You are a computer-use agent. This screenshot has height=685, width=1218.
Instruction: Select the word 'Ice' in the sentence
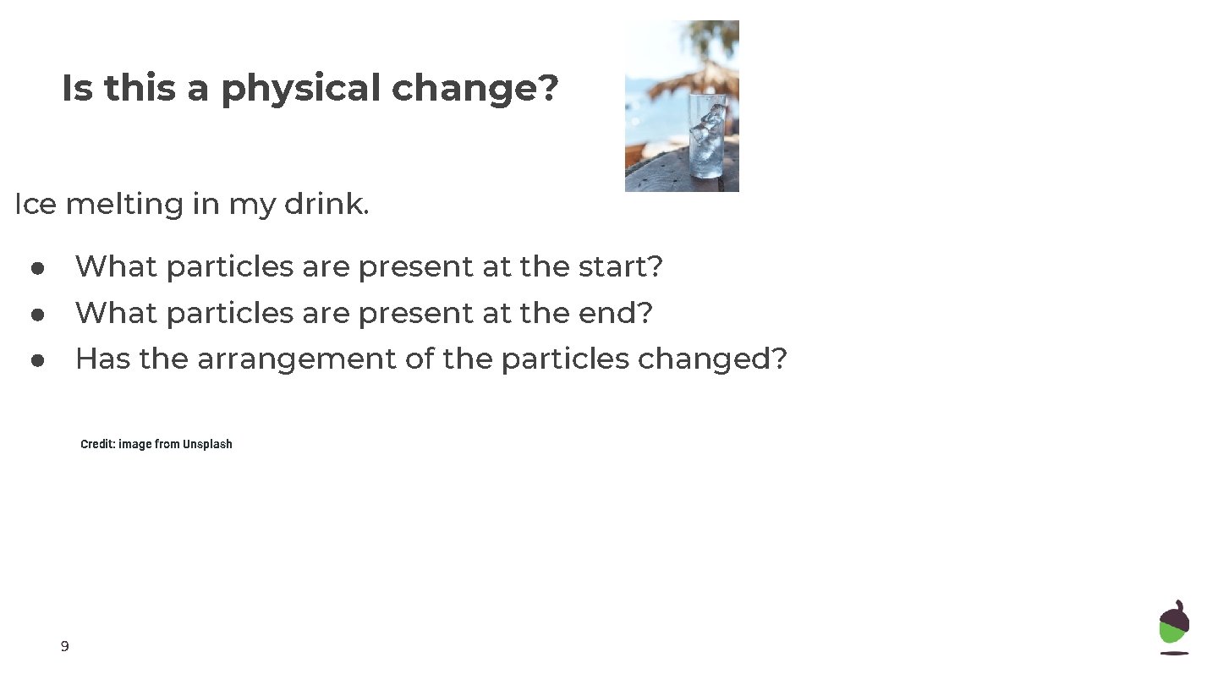pyautogui.click(x=35, y=204)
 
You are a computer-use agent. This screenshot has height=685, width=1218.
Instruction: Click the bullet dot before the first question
pyautogui.click(x=37, y=268)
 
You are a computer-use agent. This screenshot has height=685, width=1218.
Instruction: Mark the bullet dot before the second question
pyautogui.click(x=37, y=315)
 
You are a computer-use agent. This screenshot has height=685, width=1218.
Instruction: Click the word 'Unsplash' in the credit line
pyautogui.click(x=207, y=444)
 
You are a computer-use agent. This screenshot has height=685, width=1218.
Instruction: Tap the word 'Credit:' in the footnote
pyautogui.click(x=97, y=444)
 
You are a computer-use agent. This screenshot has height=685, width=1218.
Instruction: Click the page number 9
pyautogui.click(x=65, y=647)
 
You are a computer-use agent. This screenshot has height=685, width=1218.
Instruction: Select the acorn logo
pyautogui.click(x=1174, y=627)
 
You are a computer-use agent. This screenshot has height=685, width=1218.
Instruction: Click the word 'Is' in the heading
pyautogui.click(x=77, y=89)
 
